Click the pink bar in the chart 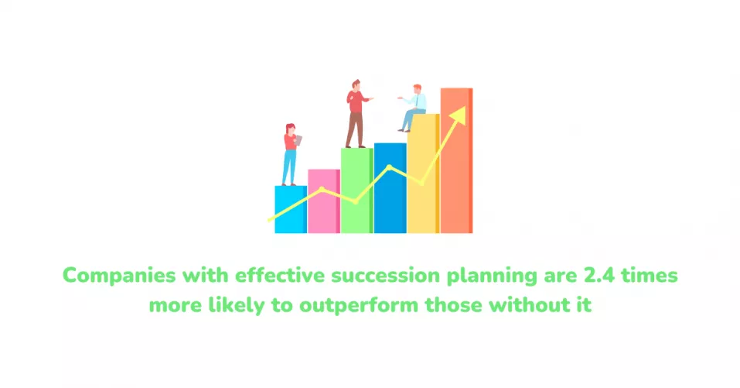coord(324,201)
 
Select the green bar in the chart coord(356,191)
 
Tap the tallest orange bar coord(456,160)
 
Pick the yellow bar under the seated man coord(423,173)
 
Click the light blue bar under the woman coord(291,209)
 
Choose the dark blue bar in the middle coord(390,188)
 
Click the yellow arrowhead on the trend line coord(458,115)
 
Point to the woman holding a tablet coord(291,155)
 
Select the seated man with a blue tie coord(412,108)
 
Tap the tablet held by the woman coord(298,140)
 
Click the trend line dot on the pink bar coord(322,189)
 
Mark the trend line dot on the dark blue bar coord(389,167)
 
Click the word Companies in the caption coord(119,276)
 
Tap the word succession coord(386,275)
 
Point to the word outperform coord(359,305)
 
